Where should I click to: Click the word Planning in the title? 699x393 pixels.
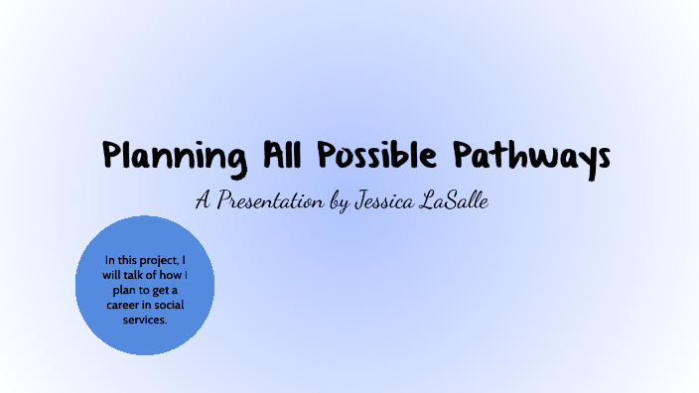(175, 156)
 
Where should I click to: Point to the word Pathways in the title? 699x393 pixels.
(532, 156)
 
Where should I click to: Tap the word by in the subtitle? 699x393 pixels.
(338, 201)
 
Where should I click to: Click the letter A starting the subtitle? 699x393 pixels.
(203, 200)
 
